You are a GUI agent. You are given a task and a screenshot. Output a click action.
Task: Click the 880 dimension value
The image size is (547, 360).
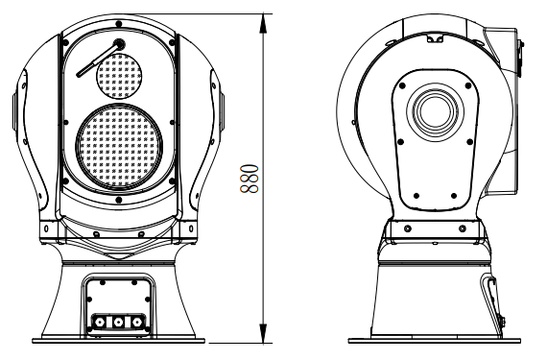pos(248,178)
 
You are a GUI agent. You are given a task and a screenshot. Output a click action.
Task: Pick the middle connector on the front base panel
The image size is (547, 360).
pos(117,323)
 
